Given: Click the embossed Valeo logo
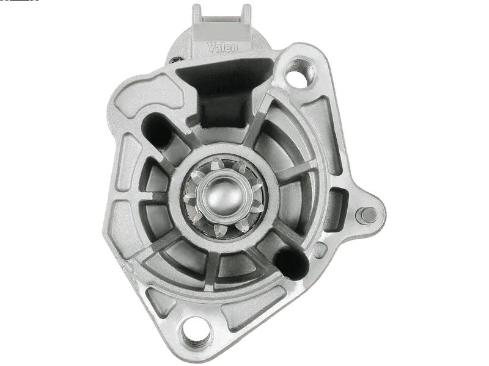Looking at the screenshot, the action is tap(222, 48).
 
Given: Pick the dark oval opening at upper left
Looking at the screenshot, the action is tap(156, 128).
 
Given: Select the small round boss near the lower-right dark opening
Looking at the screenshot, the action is tap(319, 249).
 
